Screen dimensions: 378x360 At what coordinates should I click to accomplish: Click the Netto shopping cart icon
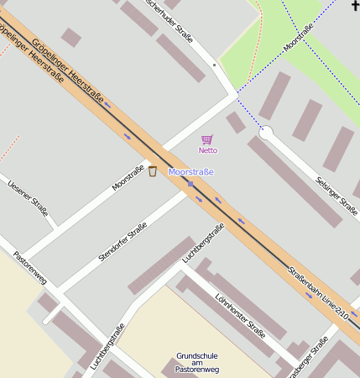point(207,139)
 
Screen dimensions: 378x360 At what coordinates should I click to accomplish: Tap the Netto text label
point(207,150)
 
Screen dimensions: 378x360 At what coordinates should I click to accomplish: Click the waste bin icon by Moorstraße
point(153,171)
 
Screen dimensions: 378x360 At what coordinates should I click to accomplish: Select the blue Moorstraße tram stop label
point(191,172)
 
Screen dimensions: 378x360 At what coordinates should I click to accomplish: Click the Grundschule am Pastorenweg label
point(197,362)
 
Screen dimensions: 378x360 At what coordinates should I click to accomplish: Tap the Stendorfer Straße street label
point(123,241)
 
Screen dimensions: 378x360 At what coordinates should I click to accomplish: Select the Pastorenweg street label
point(29,266)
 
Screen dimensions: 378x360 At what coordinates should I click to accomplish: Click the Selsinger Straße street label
point(337,194)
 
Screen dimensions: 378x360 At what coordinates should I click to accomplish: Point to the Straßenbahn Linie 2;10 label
point(317,291)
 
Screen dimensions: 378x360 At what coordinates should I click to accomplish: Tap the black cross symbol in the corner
point(355,6)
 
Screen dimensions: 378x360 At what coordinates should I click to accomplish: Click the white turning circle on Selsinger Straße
point(267,132)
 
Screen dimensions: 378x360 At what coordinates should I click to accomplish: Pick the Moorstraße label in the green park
point(300,39)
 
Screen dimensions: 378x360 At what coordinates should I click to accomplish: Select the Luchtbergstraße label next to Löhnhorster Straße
point(204,244)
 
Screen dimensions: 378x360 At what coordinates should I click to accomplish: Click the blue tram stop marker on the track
point(191,183)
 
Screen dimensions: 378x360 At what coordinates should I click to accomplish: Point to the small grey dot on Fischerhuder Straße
point(214,65)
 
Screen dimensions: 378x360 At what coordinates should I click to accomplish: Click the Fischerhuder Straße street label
point(170,20)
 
